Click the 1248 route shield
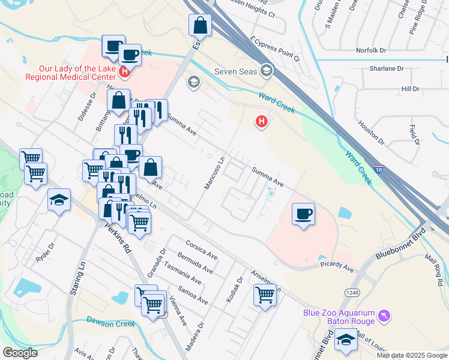pos(352,292)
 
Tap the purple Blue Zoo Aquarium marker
pos(385,315)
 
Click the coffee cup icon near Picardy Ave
pos(304,214)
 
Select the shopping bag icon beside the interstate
pos(200,25)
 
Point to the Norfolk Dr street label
pos(373,51)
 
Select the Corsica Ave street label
pos(201,250)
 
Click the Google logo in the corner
pos(20,353)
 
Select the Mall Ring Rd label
pos(433,262)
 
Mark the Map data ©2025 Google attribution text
pos(411,355)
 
